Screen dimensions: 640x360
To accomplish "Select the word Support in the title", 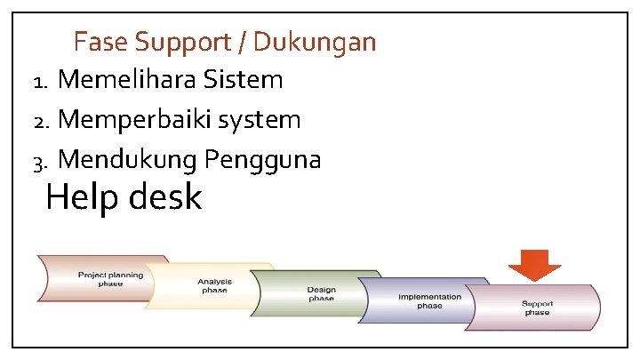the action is pyautogui.click(x=178, y=42).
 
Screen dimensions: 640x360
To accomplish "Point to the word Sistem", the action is pyautogui.click(x=243, y=81).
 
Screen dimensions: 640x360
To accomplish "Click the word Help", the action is pyautogui.click(x=80, y=196).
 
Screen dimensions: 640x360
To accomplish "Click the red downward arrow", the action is pyautogui.click(x=535, y=264).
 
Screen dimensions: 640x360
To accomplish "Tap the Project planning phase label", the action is pyautogui.click(x=111, y=279).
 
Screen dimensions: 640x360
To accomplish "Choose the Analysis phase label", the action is pyautogui.click(x=214, y=285).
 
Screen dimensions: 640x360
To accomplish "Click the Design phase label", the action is pyautogui.click(x=321, y=294).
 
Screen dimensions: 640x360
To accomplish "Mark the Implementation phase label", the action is pyautogui.click(x=429, y=300).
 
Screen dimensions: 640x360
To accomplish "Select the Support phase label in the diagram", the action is pyautogui.click(x=536, y=308).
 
